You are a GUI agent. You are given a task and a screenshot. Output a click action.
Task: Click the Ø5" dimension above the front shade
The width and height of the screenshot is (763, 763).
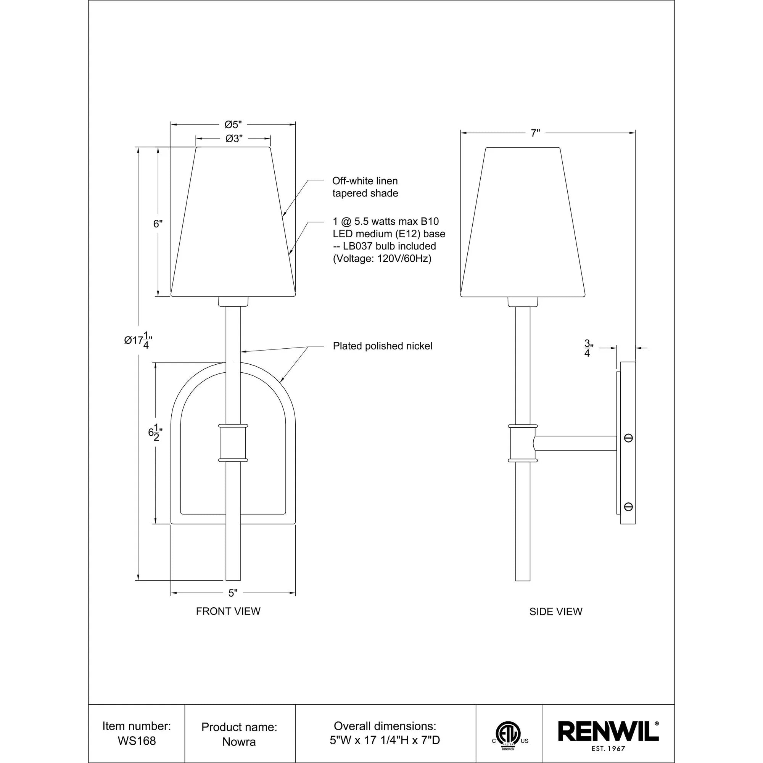(x=233, y=125)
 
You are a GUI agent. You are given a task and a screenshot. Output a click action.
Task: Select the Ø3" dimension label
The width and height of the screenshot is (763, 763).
(x=234, y=138)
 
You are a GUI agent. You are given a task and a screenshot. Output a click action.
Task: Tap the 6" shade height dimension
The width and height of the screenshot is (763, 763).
(x=158, y=224)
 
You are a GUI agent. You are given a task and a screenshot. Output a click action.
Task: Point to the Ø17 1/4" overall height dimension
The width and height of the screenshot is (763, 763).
(x=138, y=340)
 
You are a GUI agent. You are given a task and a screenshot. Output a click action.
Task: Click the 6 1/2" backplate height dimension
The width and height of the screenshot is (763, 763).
(x=155, y=433)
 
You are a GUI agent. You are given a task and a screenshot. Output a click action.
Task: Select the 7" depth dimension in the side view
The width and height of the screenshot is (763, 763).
(x=535, y=134)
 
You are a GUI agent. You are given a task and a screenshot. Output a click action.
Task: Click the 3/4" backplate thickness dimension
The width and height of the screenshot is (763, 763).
(x=588, y=348)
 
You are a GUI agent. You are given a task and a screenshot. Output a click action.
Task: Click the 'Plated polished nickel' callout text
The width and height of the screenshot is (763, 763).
(x=382, y=346)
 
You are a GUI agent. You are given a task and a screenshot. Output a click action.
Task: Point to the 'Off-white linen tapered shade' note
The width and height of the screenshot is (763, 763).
(x=365, y=187)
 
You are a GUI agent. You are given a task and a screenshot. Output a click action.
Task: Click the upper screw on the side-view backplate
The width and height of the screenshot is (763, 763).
(x=628, y=438)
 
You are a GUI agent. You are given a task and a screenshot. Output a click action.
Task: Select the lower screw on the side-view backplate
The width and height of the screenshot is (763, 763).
(x=628, y=507)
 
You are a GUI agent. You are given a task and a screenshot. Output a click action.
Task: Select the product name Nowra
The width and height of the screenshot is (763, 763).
(x=239, y=742)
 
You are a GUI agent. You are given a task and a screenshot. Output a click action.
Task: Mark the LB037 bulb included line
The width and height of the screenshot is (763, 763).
(x=384, y=246)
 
